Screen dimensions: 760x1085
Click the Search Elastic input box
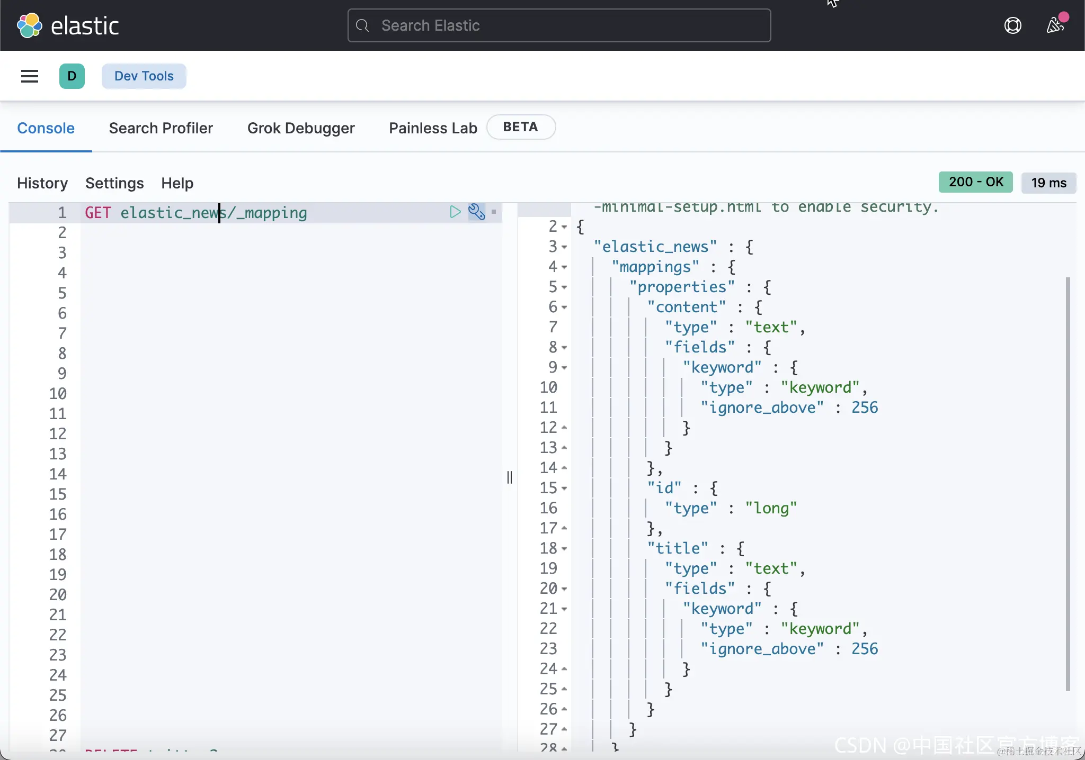coord(559,25)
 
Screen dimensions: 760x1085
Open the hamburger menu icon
coord(30,76)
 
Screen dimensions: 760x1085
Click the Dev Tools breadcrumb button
coord(144,76)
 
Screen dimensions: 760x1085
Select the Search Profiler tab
coord(161,128)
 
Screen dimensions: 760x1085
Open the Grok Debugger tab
coord(301,128)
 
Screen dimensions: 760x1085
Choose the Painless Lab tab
coord(433,128)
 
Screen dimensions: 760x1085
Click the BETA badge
coord(520,127)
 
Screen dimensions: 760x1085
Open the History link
coord(42,183)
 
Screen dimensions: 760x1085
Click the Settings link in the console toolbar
coord(114,183)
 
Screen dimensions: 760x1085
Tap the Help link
coord(177,183)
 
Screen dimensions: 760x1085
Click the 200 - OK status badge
coord(975,182)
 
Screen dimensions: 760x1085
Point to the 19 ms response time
coord(1048,183)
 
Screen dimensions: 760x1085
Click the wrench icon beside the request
coord(476,212)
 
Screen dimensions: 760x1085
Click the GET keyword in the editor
coord(98,213)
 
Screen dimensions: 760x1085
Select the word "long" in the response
coord(771,508)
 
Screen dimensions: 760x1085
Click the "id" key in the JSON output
coord(664,488)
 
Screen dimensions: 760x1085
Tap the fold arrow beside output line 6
coord(564,307)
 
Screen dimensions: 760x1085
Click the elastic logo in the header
coord(68,25)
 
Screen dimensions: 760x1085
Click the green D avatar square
coord(72,76)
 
